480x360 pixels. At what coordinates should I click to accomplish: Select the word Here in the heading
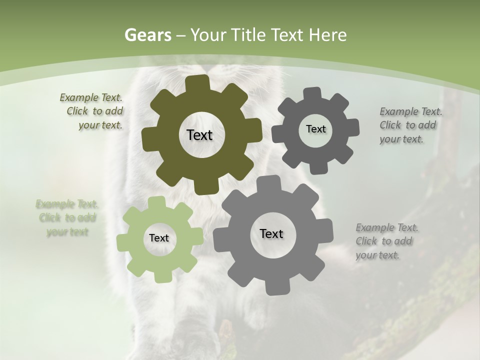pyautogui.click(x=328, y=35)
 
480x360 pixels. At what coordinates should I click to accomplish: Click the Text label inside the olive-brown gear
pyautogui.click(x=199, y=135)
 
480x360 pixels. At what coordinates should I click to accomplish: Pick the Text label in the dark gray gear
pyautogui.click(x=315, y=129)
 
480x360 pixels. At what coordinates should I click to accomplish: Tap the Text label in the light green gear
pyautogui.click(x=159, y=238)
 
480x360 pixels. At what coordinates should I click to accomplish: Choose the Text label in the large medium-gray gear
pyautogui.click(x=271, y=233)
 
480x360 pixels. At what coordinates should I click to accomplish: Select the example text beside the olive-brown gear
pyautogui.click(x=93, y=111)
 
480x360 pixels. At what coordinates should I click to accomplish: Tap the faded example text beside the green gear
pyautogui.click(x=66, y=218)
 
